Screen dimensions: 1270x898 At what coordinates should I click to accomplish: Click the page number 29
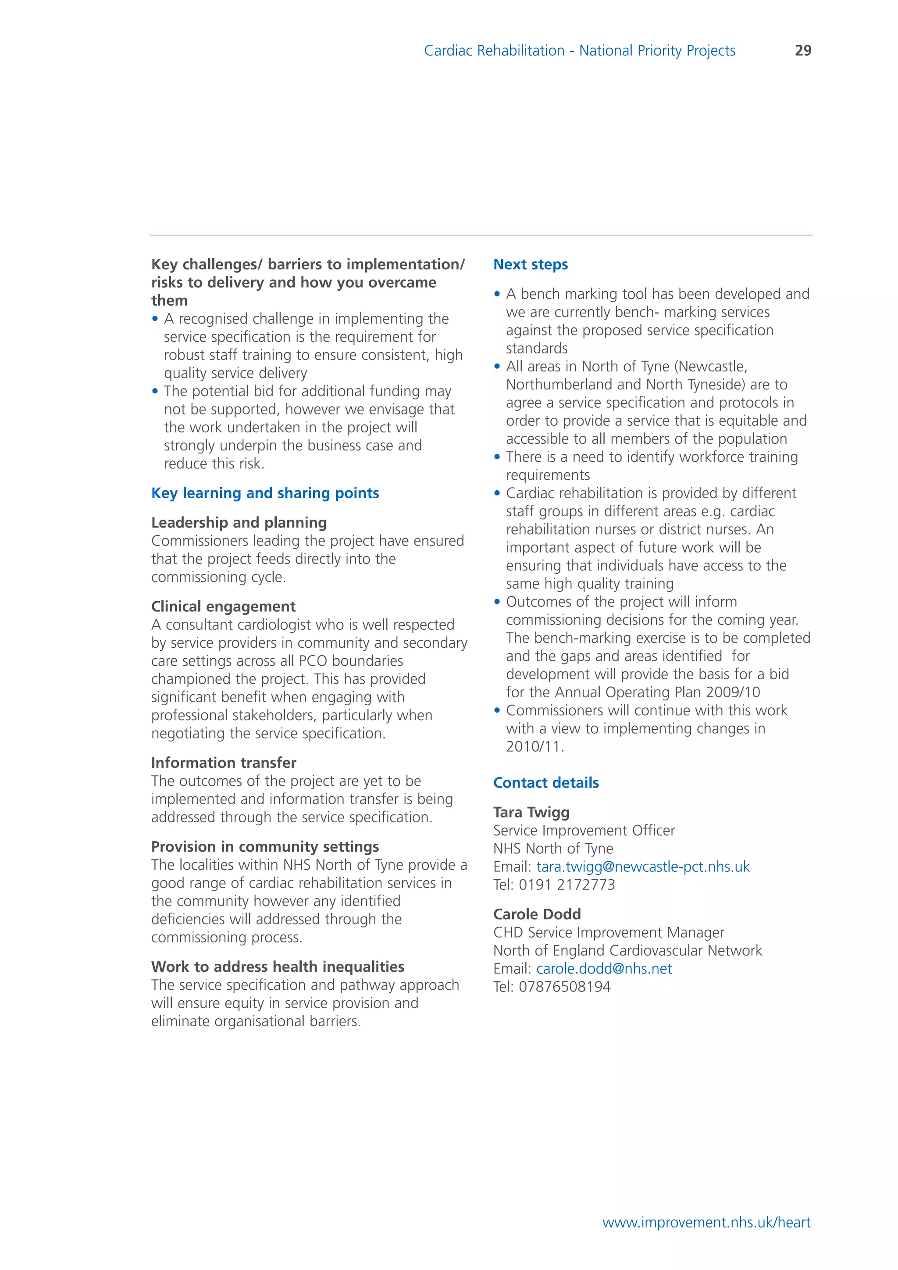(802, 50)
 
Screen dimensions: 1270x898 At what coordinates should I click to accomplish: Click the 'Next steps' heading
(530, 264)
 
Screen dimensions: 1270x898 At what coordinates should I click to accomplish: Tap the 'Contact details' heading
(546, 783)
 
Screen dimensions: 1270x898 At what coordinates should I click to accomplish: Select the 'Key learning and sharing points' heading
(265, 493)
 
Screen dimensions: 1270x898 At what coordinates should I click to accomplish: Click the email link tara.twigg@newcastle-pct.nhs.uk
(642, 867)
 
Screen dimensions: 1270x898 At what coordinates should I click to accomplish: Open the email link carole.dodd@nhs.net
(604, 969)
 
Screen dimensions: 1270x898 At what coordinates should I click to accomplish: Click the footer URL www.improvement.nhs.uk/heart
(706, 1223)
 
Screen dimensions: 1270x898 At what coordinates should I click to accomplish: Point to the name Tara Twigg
(531, 812)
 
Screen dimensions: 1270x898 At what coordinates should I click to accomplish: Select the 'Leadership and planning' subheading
(239, 523)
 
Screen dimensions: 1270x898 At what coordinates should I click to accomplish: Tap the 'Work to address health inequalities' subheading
(278, 967)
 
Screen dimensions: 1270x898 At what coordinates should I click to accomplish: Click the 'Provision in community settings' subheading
(265, 847)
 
